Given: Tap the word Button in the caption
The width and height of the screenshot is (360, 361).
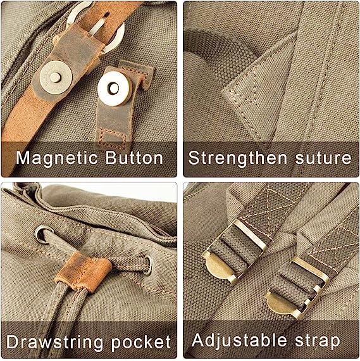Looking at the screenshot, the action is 134,158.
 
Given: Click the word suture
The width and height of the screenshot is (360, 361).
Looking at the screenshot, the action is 323,158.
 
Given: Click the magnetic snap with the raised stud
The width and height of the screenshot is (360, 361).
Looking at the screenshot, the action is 56,77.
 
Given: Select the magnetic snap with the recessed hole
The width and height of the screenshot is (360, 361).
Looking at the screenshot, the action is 113,89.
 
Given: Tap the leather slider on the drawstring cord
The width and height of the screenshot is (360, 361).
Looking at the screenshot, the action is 84,272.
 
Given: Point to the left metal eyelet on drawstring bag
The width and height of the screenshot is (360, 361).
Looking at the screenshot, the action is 44,234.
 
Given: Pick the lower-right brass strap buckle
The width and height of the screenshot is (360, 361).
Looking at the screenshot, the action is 297,289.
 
